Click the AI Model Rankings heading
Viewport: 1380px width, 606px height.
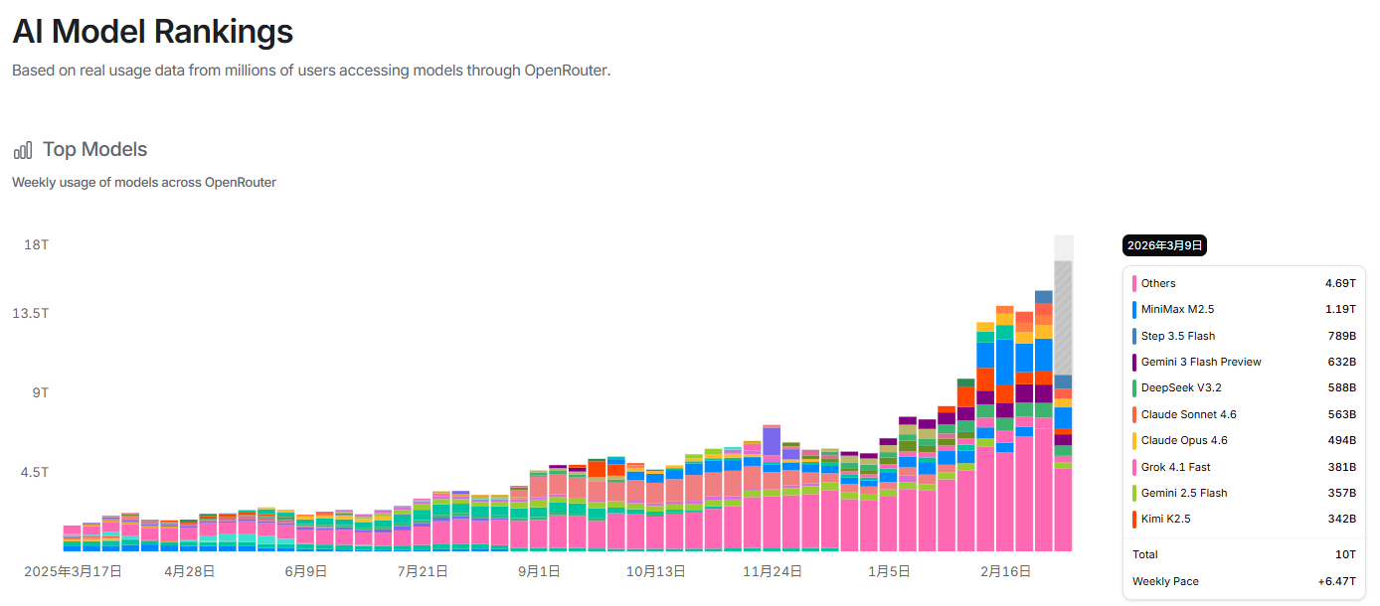[x=152, y=32]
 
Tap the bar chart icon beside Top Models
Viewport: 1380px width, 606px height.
[x=23, y=150]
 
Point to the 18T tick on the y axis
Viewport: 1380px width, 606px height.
[x=37, y=244]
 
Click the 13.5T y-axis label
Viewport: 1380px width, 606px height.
[x=31, y=313]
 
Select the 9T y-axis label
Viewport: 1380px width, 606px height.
[x=40, y=392]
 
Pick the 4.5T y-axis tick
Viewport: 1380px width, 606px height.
[x=35, y=472]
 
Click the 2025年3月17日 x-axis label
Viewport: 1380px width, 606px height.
[x=73, y=571]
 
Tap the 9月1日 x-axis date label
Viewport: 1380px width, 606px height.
[x=538, y=571]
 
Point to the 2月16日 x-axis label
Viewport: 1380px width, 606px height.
[x=1005, y=571]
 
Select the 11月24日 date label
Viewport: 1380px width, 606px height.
[x=773, y=571]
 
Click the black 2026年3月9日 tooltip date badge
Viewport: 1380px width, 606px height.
[x=1165, y=245]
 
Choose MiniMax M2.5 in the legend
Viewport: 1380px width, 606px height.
[x=1178, y=309]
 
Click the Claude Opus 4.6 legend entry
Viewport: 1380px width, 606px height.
[x=1184, y=440]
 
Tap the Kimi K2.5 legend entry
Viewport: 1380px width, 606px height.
[x=1165, y=519]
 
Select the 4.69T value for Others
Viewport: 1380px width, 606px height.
[x=1340, y=283]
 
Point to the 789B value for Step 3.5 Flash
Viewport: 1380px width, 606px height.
[x=1341, y=336]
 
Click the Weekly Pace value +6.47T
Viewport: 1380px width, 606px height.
[x=1337, y=581]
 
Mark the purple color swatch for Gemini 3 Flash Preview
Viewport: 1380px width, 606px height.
[x=1133, y=362]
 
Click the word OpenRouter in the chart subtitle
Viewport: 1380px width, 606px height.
[x=241, y=183]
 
